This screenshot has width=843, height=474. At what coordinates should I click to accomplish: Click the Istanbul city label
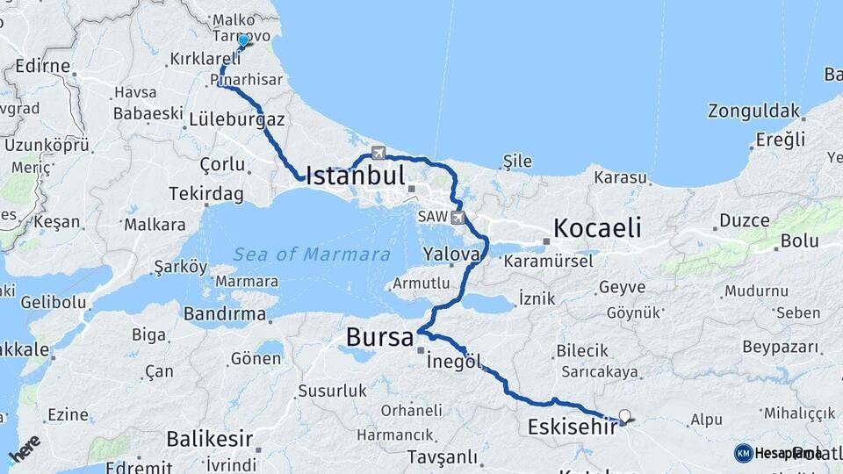(x=355, y=175)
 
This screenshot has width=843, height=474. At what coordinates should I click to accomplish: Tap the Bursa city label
(x=379, y=336)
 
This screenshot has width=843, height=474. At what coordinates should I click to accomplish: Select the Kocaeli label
(x=596, y=228)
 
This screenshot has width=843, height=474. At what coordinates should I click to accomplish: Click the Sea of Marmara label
(x=312, y=255)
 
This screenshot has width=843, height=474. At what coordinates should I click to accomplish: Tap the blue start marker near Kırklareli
(x=243, y=40)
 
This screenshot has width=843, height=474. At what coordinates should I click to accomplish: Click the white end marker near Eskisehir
(x=624, y=416)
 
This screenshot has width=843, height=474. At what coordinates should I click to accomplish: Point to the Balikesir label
(x=210, y=438)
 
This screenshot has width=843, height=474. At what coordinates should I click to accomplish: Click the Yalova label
(x=452, y=254)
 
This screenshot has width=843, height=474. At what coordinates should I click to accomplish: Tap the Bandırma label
(x=226, y=313)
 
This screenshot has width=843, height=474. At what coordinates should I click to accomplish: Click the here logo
(x=24, y=449)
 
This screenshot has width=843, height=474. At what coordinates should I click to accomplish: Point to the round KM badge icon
(x=744, y=453)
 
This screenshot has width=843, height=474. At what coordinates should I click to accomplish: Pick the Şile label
(x=517, y=161)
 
